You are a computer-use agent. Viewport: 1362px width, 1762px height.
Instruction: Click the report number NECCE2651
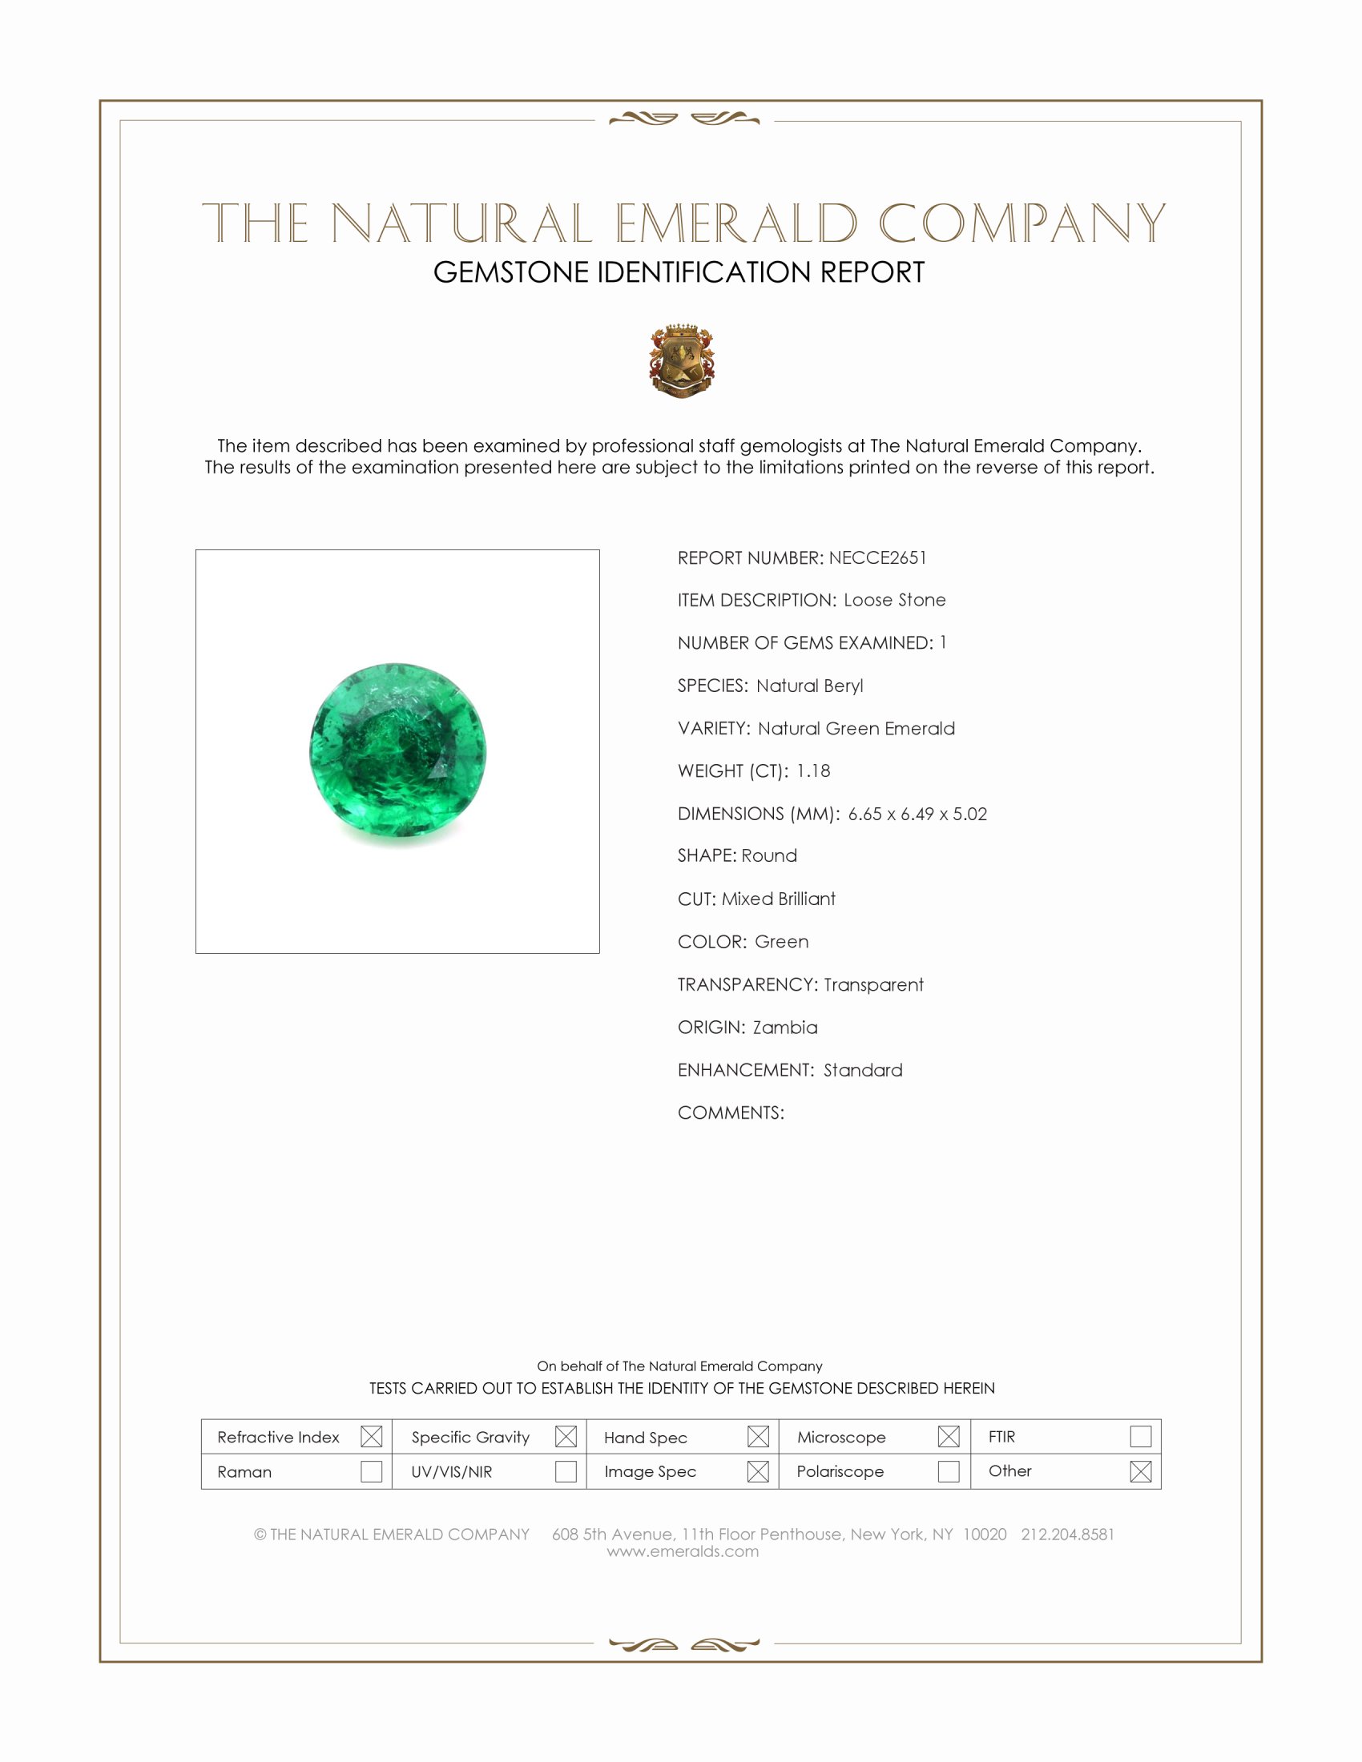click(877, 557)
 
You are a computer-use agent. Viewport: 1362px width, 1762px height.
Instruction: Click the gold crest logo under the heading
click(682, 360)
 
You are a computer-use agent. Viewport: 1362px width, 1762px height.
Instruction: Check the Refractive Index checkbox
click(371, 1436)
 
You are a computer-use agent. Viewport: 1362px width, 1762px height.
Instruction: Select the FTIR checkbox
click(1140, 1436)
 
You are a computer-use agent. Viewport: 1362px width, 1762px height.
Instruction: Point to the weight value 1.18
click(812, 770)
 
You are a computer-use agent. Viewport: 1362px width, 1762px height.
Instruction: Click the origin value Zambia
click(784, 1027)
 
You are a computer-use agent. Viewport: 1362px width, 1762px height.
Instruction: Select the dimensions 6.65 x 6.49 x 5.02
click(917, 813)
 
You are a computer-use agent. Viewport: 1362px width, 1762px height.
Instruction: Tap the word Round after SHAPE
click(769, 855)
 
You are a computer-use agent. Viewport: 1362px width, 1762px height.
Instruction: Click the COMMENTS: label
click(730, 1112)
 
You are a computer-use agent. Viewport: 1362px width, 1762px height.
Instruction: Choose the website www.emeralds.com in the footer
click(683, 1551)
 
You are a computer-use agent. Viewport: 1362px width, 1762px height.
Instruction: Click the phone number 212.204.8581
click(1066, 1534)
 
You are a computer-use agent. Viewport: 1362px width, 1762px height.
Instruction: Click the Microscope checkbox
click(948, 1436)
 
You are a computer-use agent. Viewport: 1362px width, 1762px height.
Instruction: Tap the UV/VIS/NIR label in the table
click(451, 1471)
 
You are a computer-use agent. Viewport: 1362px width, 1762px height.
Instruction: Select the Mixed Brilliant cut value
click(778, 899)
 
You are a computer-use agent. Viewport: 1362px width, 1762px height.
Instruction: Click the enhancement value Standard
click(863, 1070)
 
